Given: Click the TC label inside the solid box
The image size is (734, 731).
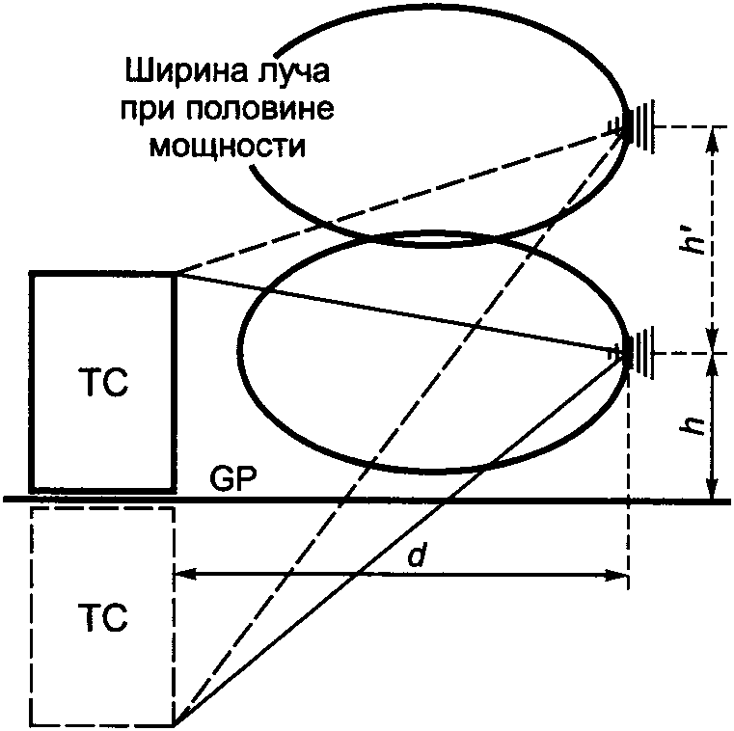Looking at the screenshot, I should click(102, 381).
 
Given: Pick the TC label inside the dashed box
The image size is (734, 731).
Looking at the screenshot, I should click(102, 616).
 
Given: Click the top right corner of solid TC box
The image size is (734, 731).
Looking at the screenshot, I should click(175, 275).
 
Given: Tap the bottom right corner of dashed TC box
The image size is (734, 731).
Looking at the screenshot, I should click(175, 723).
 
